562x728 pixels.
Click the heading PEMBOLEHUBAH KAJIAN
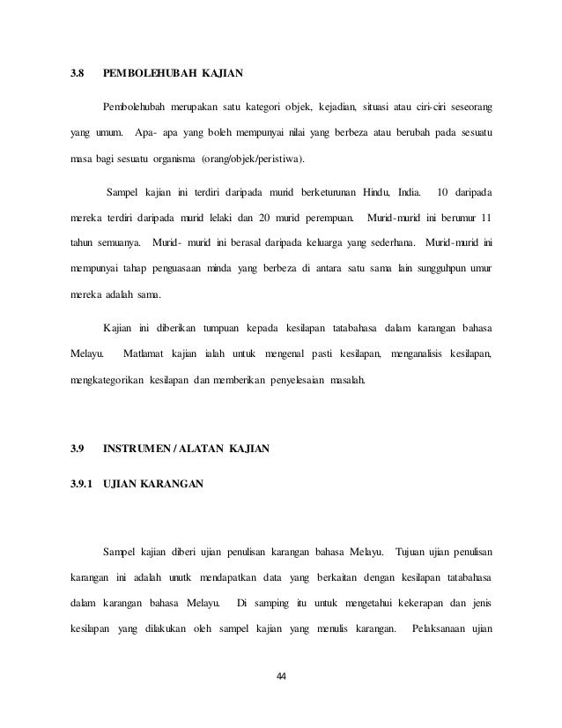point(173,71)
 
